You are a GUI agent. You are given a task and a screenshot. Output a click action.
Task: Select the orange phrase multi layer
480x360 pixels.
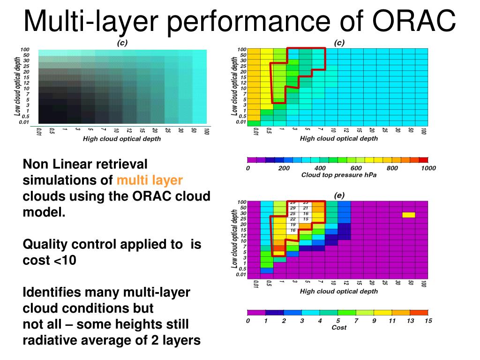[x=150, y=180]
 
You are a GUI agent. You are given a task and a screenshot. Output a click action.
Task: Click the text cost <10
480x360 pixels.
[x=49, y=260]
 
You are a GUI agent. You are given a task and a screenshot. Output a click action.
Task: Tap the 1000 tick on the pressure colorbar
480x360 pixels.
[x=427, y=168]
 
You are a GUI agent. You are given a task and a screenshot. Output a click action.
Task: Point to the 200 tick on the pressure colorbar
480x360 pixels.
[x=284, y=168]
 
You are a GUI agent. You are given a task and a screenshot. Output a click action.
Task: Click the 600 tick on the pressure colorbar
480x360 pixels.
[x=356, y=168]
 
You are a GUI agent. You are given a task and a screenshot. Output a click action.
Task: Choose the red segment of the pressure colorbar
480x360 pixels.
[x=423, y=160]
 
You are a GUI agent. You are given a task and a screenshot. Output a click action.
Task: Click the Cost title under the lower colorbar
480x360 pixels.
[x=338, y=327]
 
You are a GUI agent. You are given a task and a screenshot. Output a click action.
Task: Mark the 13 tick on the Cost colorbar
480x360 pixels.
[x=410, y=321]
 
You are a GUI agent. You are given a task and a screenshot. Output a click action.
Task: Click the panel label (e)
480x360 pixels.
[x=339, y=195]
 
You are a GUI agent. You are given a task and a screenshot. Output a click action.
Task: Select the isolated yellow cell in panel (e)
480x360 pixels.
[x=408, y=215]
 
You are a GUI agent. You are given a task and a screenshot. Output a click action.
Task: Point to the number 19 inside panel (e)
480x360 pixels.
[x=293, y=225]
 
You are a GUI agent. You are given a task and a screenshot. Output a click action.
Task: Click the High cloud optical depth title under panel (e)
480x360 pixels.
[x=338, y=292]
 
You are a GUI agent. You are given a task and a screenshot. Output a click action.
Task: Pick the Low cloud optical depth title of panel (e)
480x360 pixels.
[x=235, y=239]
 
